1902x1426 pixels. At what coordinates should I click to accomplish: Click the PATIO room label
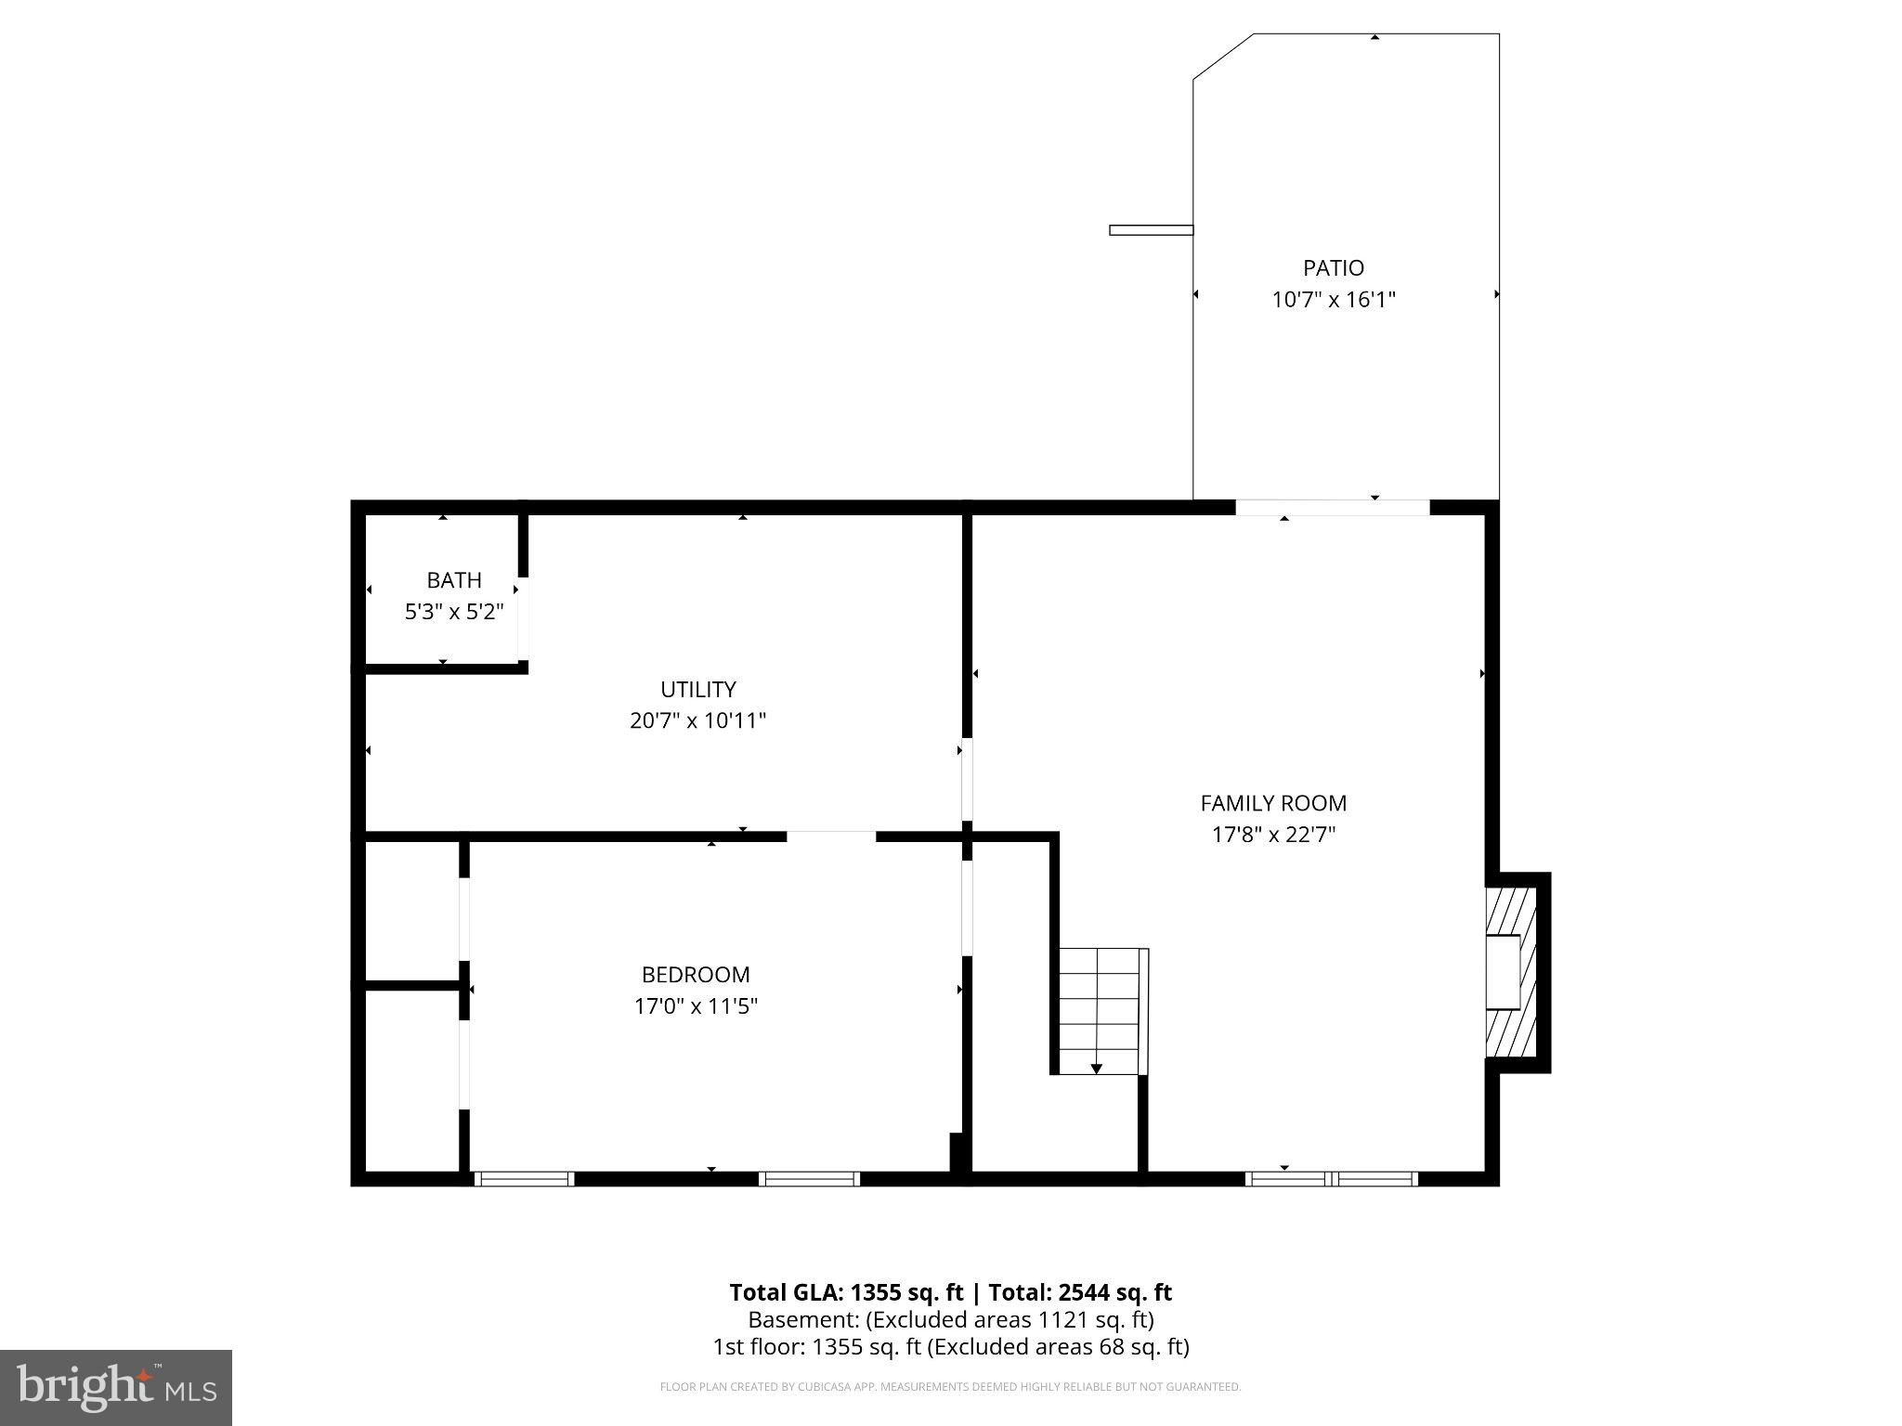1333,268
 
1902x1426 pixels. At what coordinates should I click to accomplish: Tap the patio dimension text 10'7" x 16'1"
1333,300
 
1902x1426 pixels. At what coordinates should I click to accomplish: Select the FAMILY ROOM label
1272,803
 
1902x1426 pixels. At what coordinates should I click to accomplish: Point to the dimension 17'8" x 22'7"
1272,835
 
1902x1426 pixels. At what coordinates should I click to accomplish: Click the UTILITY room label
697,689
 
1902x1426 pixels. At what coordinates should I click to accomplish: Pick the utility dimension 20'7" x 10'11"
697,720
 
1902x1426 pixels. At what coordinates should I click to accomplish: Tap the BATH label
453,580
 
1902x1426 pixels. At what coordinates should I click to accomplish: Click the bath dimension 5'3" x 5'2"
453,612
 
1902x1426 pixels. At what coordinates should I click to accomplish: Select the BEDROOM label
695,975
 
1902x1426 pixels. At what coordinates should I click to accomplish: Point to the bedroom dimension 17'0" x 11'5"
695,1006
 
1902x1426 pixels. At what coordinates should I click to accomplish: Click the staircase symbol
1100,1010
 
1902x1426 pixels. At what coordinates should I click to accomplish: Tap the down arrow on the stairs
1096,1068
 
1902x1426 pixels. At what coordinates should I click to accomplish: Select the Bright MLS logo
115,1387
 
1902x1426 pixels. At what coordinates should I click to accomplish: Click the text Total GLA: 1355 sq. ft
845,1292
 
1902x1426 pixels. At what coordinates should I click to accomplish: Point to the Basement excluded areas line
950,1319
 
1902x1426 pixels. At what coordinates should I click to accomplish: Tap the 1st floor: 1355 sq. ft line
950,1347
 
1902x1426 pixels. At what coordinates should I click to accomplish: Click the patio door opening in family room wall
1332,508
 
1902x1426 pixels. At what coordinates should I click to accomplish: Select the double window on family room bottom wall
1331,1179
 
